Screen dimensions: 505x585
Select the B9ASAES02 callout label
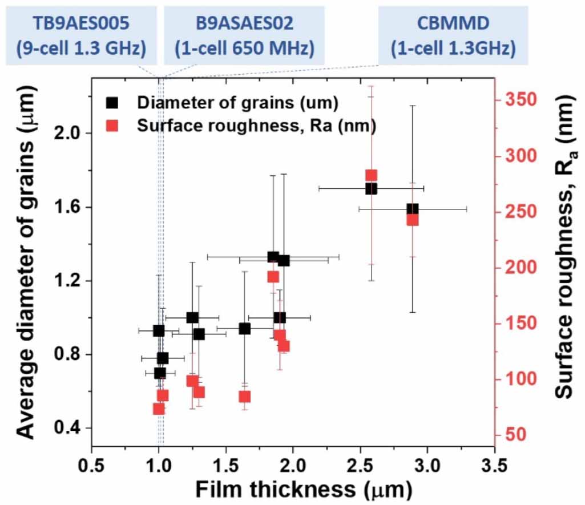(x=244, y=35)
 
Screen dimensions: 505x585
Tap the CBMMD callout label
(x=453, y=35)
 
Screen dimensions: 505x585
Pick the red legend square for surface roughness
(x=113, y=126)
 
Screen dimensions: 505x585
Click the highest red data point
(x=372, y=176)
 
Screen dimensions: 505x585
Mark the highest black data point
(x=372, y=188)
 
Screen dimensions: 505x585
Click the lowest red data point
(x=159, y=409)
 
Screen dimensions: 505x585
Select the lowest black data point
(x=160, y=373)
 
